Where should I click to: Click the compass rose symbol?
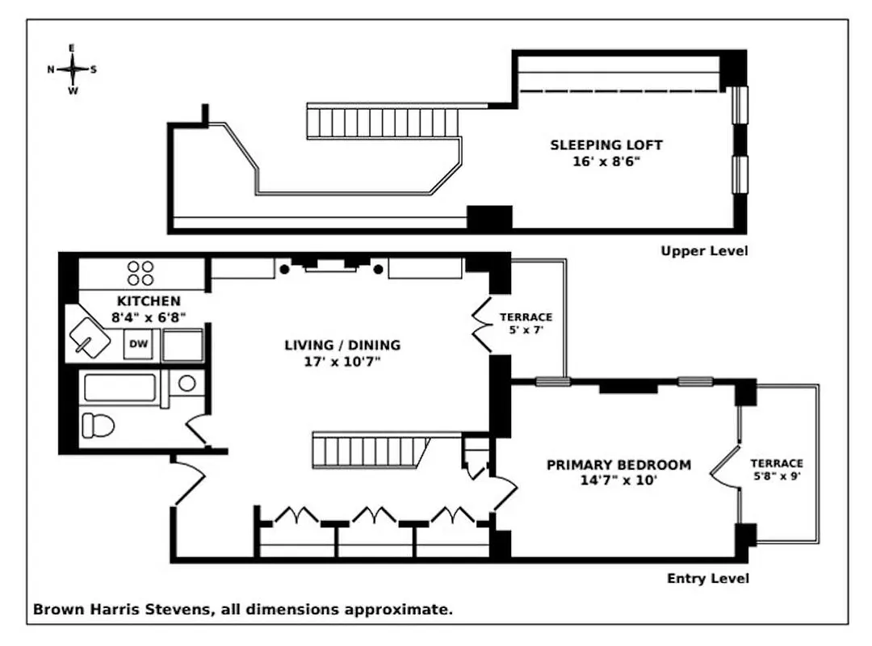click(x=73, y=69)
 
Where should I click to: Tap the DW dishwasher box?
click(x=139, y=345)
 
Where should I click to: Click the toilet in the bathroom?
click(x=99, y=424)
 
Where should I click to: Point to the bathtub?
click(x=120, y=388)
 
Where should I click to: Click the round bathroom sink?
click(x=187, y=384)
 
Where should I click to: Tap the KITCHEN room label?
click(x=149, y=301)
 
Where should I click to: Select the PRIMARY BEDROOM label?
click(x=618, y=465)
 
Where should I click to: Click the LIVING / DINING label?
click(x=342, y=346)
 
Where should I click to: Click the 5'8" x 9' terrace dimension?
click(x=777, y=476)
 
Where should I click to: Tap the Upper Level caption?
click(x=704, y=251)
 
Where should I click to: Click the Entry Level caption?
click(x=707, y=578)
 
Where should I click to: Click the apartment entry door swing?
click(x=188, y=481)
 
